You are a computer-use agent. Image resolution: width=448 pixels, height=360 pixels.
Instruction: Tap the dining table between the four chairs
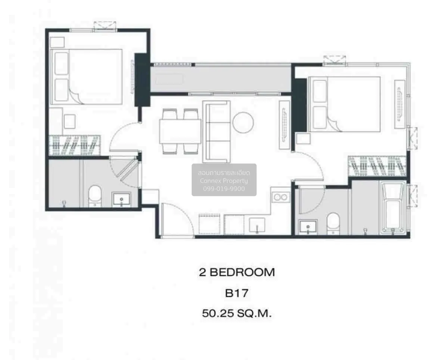(180, 131)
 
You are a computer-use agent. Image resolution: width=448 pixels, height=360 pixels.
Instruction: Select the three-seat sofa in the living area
(217, 132)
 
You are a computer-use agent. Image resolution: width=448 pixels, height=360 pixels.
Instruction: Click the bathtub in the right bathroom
(392, 208)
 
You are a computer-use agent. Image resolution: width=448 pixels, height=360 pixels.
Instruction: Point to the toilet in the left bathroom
(95, 196)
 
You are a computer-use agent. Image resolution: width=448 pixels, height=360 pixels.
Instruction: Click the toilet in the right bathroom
(333, 224)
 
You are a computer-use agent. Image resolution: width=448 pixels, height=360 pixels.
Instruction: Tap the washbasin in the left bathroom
(122, 199)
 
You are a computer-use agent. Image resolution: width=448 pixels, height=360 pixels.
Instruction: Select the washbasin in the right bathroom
(308, 227)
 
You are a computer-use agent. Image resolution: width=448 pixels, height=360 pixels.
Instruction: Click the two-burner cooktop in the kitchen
(280, 197)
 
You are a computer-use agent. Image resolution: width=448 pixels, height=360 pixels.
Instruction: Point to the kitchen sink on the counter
(257, 225)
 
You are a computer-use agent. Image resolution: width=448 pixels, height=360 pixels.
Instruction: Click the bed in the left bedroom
(86, 76)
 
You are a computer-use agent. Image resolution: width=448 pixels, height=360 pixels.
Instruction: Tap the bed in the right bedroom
(344, 104)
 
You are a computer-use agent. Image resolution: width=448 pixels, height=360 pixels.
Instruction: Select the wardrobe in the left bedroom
(75, 145)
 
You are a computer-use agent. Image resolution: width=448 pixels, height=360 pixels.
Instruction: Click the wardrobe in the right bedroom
(377, 166)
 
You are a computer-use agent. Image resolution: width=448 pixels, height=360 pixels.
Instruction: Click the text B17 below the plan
(237, 293)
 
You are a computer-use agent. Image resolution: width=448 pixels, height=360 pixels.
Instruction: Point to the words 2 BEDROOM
(237, 272)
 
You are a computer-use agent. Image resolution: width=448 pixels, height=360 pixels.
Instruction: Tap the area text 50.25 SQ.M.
(237, 313)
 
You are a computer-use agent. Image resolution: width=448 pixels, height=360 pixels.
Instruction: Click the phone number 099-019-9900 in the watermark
(224, 189)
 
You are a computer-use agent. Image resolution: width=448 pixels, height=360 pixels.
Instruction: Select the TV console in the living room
(284, 125)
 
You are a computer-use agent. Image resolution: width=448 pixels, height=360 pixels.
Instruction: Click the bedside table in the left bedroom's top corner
(57, 42)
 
